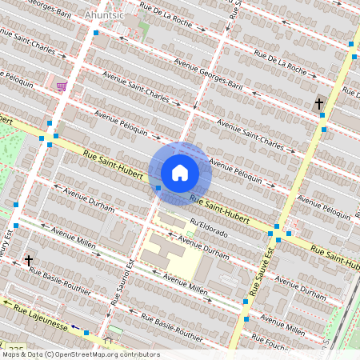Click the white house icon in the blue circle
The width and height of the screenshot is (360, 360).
180,173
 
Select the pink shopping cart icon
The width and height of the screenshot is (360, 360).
62,86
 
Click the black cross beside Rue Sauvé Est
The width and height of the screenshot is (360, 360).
318,104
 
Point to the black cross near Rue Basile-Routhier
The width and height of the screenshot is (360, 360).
29,260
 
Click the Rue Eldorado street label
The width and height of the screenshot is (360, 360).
209,228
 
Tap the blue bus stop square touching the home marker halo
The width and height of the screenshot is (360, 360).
158,188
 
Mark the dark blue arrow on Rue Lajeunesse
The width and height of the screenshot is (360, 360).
75,326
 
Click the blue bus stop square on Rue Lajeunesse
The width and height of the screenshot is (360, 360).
86,328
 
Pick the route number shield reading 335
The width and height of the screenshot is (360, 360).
37,350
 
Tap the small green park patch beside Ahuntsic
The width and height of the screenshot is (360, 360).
144,27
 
